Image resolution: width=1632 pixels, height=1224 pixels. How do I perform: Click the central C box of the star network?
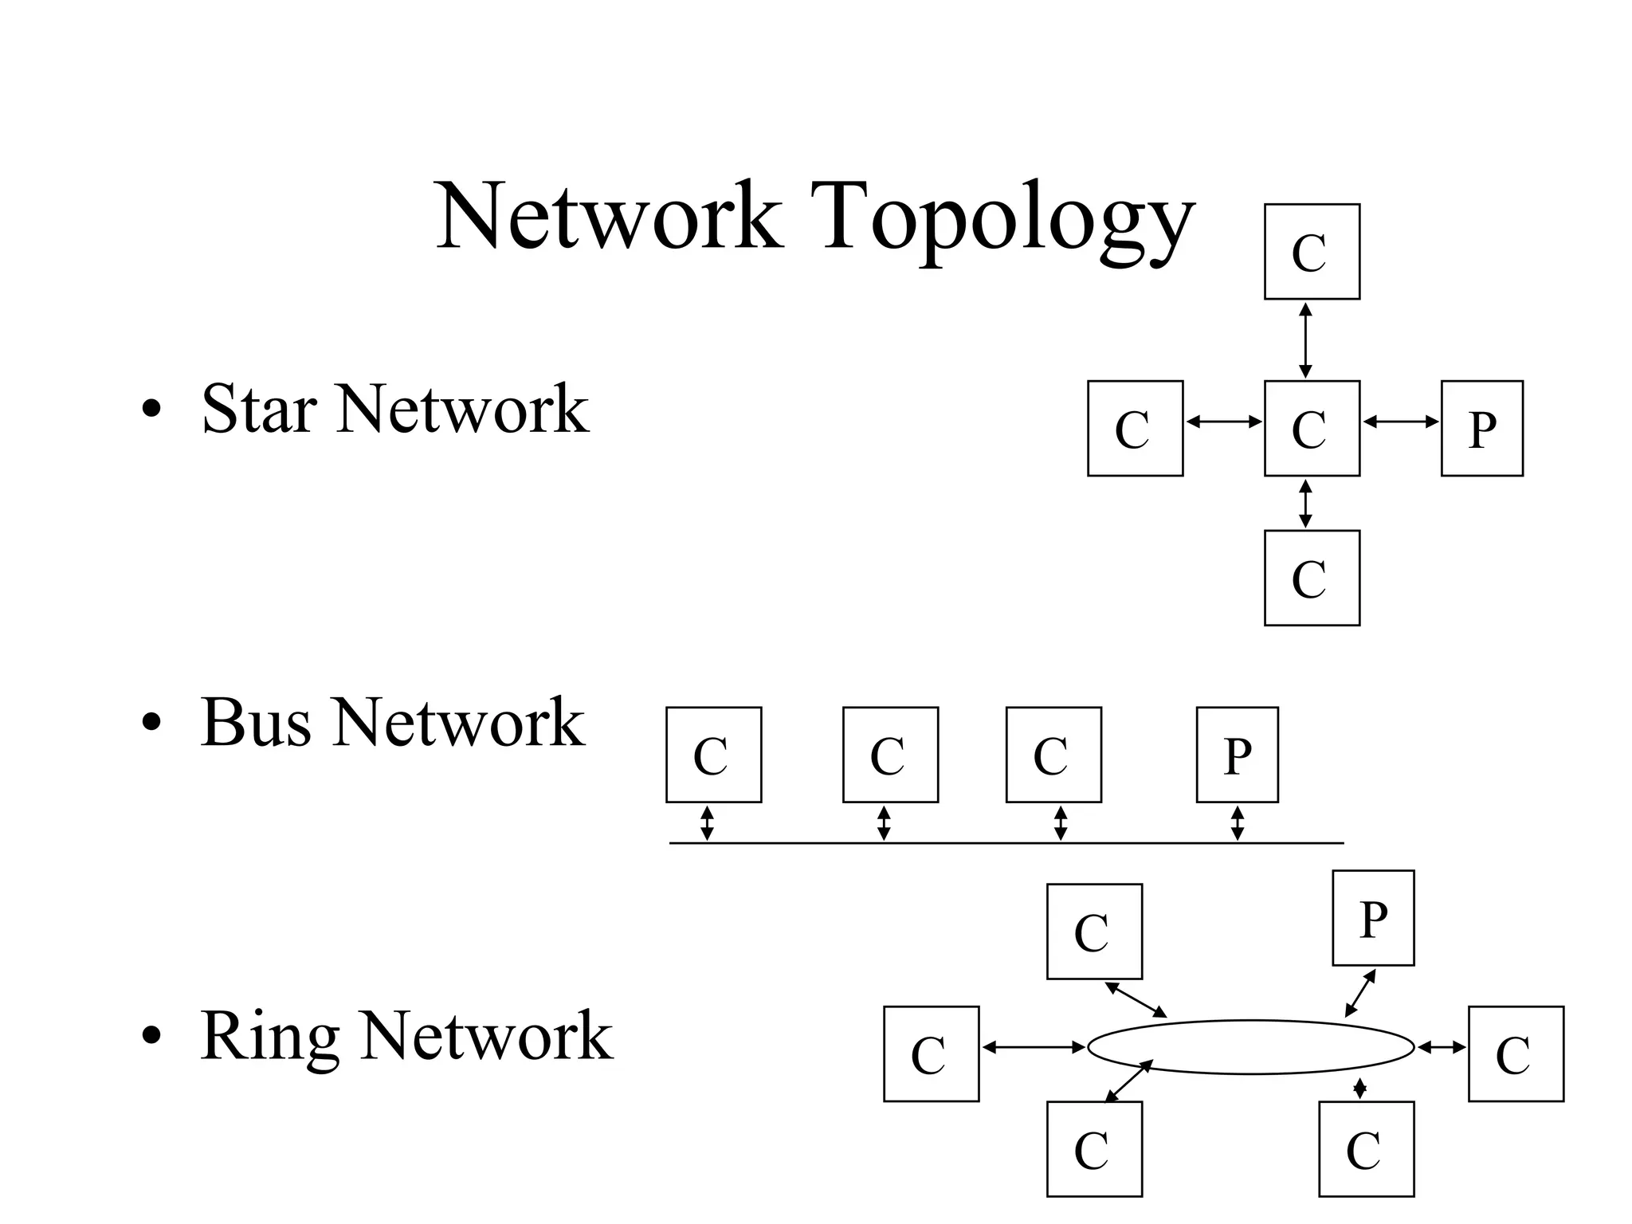(x=1312, y=429)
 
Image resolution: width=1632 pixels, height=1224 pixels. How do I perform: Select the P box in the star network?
(x=1481, y=429)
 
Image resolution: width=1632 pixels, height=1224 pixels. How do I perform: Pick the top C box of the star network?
(x=1312, y=252)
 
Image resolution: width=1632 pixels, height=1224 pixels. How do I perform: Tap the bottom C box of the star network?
(x=1312, y=578)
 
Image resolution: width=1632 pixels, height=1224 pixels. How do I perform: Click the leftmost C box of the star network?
(x=1135, y=429)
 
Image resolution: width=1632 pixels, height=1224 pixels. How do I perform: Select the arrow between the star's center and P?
(x=1400, y=422)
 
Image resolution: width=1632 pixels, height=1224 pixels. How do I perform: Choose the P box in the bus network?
(x=1237, y=755)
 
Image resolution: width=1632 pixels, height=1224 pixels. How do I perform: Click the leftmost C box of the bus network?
(x=713, y=755)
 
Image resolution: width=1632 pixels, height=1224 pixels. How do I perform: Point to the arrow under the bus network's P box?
(x=1237, y=823)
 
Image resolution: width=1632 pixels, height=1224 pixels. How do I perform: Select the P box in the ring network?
(x=1373, y=918)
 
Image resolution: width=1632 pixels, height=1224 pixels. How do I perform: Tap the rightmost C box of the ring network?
(x=1516, y=1054)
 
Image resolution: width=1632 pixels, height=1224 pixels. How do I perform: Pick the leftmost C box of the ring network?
(x=931, y=1054)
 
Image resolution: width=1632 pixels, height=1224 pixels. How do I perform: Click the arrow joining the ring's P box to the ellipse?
(x=1360, y=993)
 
